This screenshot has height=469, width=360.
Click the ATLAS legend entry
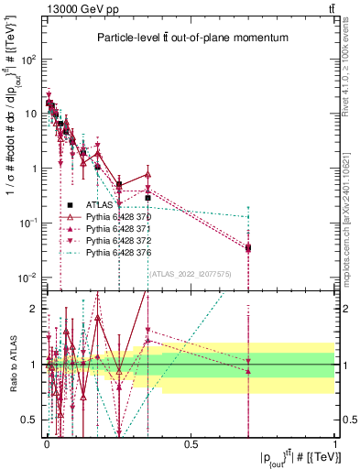(97, 203)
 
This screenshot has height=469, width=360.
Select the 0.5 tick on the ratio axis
(30, 420)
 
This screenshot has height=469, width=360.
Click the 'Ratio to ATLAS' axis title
(11, 365)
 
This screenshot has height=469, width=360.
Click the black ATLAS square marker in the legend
(69, 203)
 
